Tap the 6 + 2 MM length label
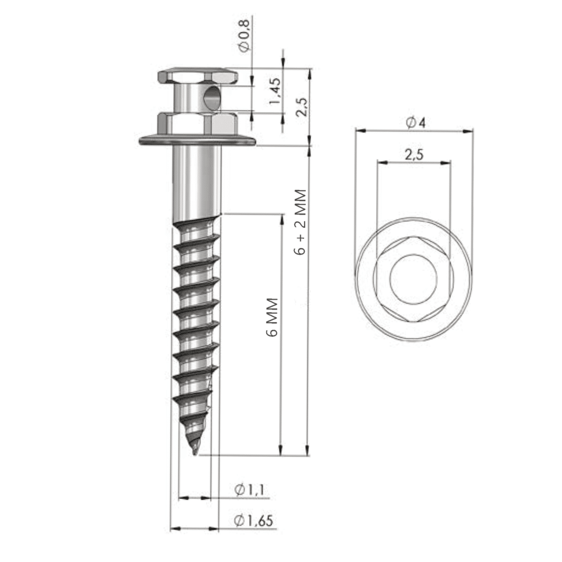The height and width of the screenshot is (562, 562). coord(300,222)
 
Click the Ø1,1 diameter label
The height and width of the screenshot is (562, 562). coord(250,490)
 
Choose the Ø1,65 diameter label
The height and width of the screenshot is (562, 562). coord(253,521)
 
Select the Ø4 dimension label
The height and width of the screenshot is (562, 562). coord(415,123)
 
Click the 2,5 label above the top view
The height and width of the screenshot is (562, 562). coord(414,155)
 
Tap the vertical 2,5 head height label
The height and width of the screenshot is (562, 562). coord(301,104)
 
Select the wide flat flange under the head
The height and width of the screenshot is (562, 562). coord(198,142)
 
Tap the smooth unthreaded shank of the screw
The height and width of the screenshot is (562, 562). coord(198,181)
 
